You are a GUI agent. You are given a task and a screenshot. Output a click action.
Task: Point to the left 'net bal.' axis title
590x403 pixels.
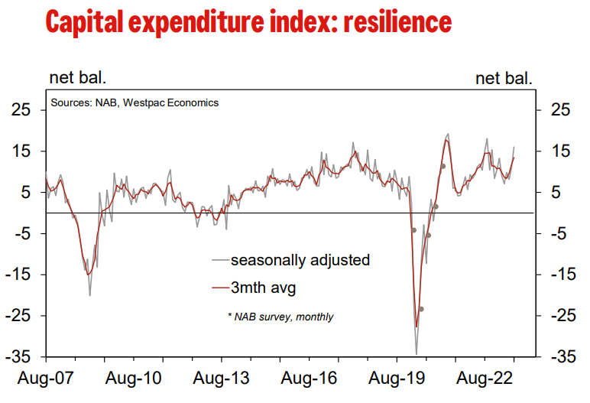tap(78, 77)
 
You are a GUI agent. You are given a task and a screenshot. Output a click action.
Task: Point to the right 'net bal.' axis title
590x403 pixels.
tap(504, 77)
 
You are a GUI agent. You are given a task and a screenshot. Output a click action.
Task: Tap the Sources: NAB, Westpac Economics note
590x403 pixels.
tap(135, 102)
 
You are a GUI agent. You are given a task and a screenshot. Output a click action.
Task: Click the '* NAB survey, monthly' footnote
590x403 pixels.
tap(280, 316)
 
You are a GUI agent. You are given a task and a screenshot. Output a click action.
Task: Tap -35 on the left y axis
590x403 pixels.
tap(19, 357)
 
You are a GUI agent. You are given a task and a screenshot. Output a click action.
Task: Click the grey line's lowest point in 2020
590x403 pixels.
tap(417, 354)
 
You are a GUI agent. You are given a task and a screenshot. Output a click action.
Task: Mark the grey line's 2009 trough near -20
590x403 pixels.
tap(90, 295)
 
